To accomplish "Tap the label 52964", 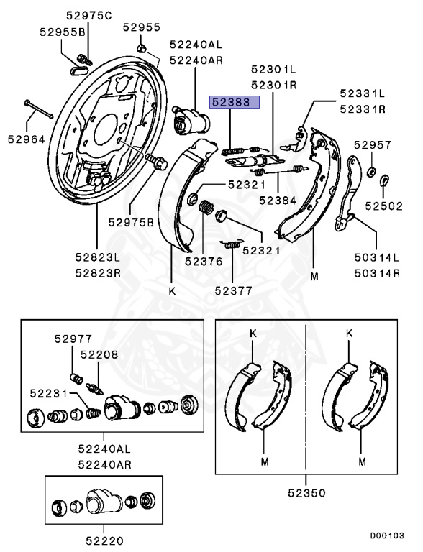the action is click(27, 139).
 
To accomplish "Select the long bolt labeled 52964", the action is click(38, 109).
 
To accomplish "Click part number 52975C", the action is click(88, 16).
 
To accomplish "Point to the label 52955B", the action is click(63, 32).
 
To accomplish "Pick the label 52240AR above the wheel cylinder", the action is click(196, 60).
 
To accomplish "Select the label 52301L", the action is click(273, 69).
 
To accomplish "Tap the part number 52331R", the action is click(363, 109).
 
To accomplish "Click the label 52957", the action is click(373, 144).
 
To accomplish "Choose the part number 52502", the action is click(383, 206).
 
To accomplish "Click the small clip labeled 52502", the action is click(384, 180).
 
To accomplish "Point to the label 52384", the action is click(278, 201).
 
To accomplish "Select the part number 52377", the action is click(233, 290).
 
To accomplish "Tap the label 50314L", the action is click(377, 257).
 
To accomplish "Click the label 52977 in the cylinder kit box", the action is click(73, 339).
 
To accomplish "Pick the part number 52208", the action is click(99, 354).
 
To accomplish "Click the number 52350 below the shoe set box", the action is click(306, 493).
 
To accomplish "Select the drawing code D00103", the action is click(387, 535).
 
